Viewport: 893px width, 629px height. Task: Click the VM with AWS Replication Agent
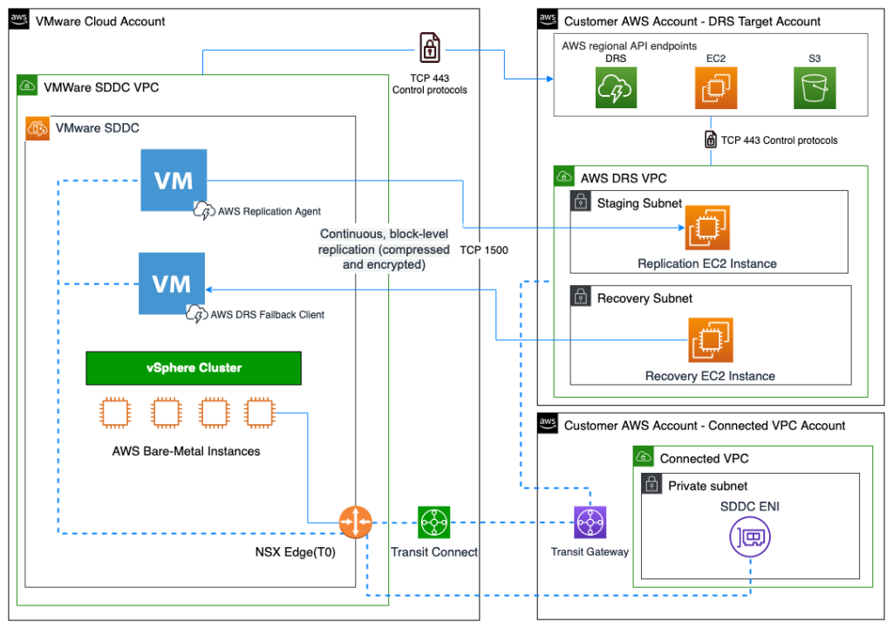(x=174, y=180)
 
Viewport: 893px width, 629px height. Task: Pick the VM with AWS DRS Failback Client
(x=172, y=284)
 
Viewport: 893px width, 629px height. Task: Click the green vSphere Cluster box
(x=194, y=368)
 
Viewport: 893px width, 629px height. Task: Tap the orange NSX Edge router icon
(x=355, y=523)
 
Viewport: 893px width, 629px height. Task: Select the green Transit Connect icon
(x=433, y=523)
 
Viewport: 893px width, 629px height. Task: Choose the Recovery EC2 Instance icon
(x=710, y=340)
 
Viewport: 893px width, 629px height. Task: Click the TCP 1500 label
(x=483, y=250)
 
